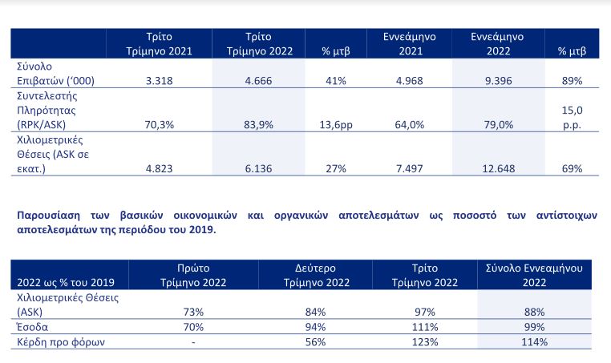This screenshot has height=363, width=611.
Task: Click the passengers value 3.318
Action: pos(159,81)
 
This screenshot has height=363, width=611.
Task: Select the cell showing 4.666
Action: pos(258,81)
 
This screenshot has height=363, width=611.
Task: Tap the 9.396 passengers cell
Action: pos(499,81)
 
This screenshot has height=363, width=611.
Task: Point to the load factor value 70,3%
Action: pos(159,125)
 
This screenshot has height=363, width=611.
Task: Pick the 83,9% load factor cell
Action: pos(258,125)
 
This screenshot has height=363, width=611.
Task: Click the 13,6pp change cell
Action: pos(336,125)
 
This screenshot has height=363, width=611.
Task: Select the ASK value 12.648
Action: pos(499,168)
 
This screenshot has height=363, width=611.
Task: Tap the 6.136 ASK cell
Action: pos(258,168)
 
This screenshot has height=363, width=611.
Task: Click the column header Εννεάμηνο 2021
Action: pos(410,43)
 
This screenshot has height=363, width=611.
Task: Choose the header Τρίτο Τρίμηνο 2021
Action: pos(159,43)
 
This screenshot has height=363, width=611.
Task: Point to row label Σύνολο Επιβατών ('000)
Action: pos(55,73)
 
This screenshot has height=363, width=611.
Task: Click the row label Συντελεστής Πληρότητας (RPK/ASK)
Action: pos(47,111)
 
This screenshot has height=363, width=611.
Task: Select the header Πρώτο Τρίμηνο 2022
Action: pos(193,275)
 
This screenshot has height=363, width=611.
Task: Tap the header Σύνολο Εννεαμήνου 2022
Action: pos(534,275)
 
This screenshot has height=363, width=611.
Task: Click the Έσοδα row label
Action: pos(32,327)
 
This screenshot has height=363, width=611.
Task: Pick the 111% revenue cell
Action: pos(425,327)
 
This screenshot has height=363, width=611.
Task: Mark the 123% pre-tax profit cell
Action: pos(425,342)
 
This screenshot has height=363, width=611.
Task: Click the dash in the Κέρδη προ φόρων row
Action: pos(193,342)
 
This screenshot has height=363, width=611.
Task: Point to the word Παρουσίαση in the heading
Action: pos(48,216)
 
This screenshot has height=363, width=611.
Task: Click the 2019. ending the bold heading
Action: pos(203,229)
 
